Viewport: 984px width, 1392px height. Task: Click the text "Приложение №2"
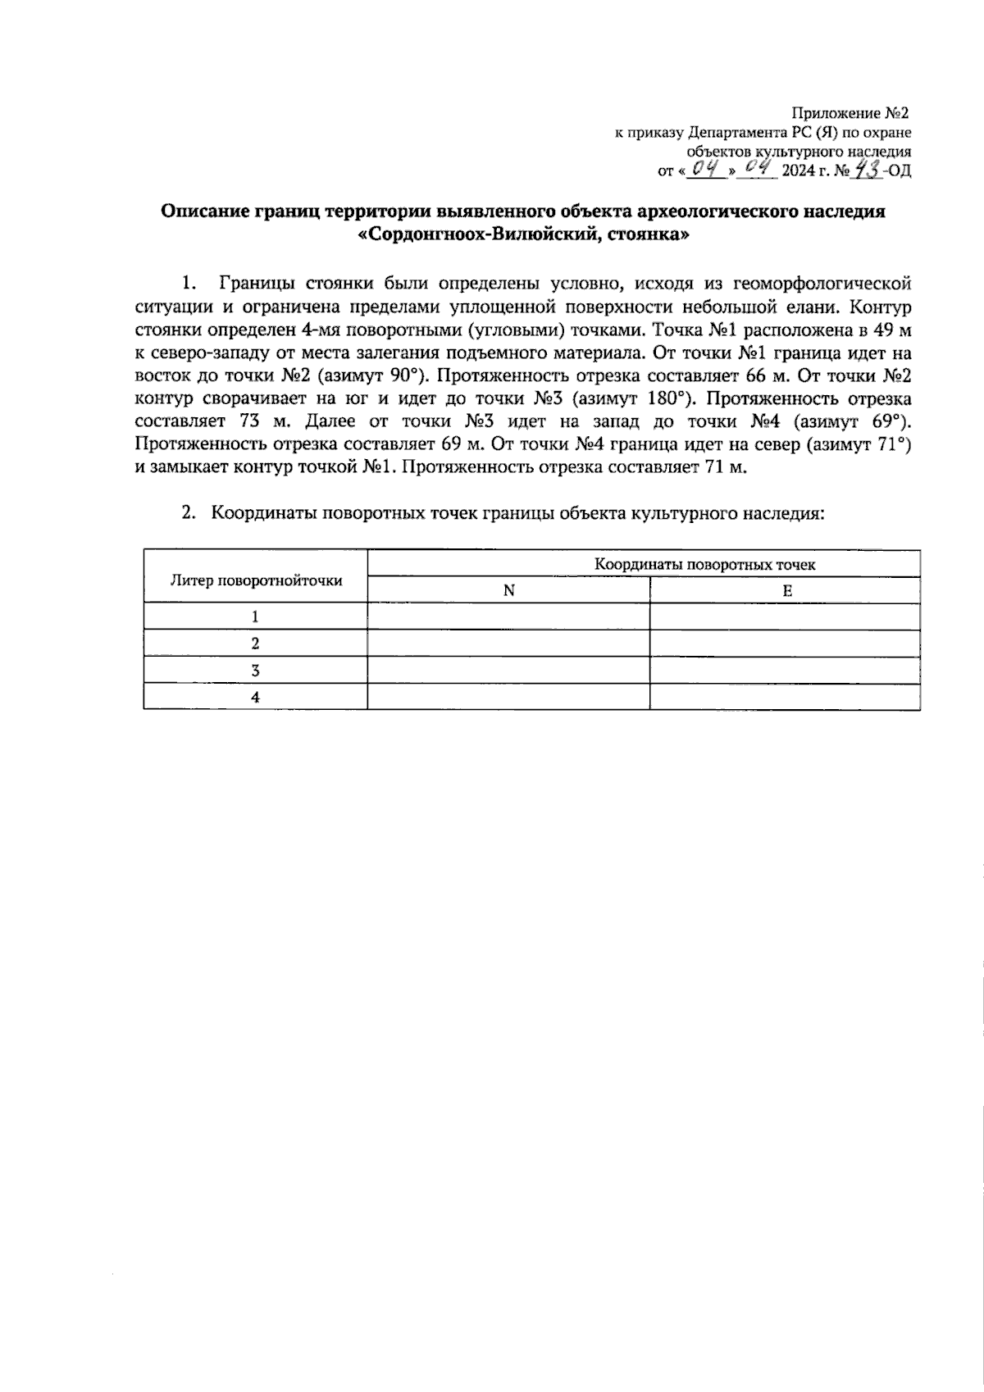click(850, 112)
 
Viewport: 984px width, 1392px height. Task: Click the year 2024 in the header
click(799, 171)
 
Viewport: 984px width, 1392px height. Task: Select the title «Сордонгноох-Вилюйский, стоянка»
click(523, 234)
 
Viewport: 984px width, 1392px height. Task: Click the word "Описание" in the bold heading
click(202, 212)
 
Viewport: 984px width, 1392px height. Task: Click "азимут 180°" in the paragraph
click(632, 400)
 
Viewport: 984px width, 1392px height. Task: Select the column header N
click(508, 590)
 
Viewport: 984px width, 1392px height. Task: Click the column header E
click(786, 590)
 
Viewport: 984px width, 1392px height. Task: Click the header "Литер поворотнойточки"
click(256, 580)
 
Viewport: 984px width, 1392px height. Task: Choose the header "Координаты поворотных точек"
click(704, 565)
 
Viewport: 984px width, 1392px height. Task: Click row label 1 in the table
click(256, 616)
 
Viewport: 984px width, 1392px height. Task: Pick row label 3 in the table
click(256, 671)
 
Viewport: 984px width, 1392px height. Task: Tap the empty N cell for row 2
click(508, 644)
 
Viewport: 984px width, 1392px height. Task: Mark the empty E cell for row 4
click(785, 697)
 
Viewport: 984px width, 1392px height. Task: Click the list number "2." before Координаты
click(189, 514)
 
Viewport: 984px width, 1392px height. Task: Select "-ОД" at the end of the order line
click(898, 171)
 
